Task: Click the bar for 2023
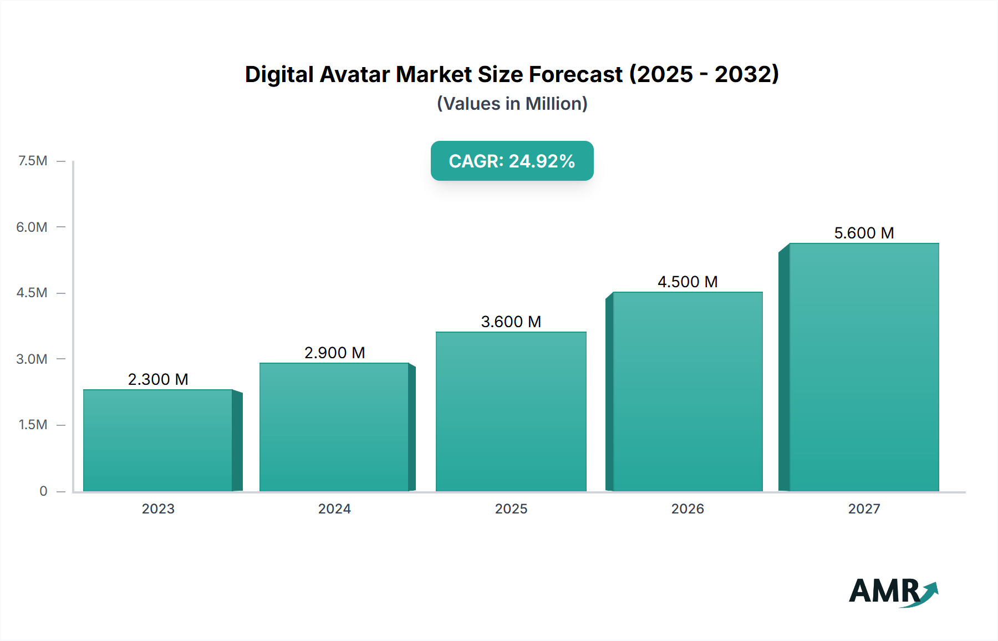coord(158,441)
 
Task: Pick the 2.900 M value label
coord(334,353)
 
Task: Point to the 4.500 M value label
coord(688,282)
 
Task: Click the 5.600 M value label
coord(864,233)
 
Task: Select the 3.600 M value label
coord(511,322)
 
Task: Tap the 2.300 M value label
coord(158,379)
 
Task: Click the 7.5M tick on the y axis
coord(33,161)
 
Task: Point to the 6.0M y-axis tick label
coord(32,227)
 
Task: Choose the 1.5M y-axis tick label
coord(33,425)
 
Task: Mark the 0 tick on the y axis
coord(43,491)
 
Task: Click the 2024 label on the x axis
coord(334,508)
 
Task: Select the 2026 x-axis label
coord(688,508)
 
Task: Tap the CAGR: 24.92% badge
coord(512,161)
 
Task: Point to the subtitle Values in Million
coord(512,104)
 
